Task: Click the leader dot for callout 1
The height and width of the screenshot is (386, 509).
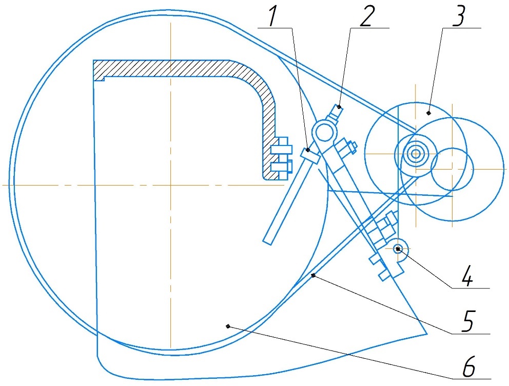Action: (x=308, y=150)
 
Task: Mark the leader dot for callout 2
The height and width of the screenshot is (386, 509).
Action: (x=339, y=107)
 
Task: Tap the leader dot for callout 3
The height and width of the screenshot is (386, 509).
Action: (x=428, y=113)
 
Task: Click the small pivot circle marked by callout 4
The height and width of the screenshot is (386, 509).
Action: (x=398, y=249)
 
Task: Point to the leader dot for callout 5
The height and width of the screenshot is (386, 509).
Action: (x=313, y=275)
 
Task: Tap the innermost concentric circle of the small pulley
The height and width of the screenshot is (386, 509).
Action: (x=415, y=154)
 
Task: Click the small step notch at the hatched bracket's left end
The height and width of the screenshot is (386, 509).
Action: (x=104, y=79)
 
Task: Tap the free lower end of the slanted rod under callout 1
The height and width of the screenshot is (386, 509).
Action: (x=268, y=242)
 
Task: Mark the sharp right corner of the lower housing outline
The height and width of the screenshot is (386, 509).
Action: (x=427, y=334)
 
